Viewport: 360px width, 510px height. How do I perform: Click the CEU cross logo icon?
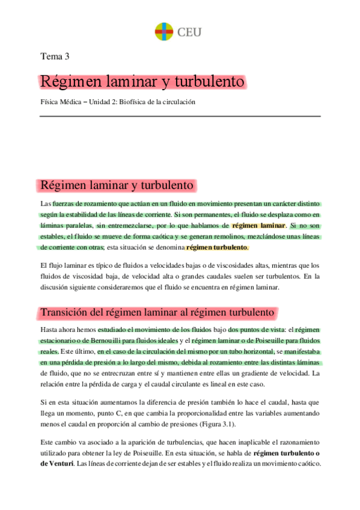(163, 31)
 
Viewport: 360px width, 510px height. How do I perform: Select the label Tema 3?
(54, 57)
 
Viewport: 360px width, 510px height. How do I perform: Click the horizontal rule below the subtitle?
(180, 116)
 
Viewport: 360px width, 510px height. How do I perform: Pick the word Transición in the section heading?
(65, 313)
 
